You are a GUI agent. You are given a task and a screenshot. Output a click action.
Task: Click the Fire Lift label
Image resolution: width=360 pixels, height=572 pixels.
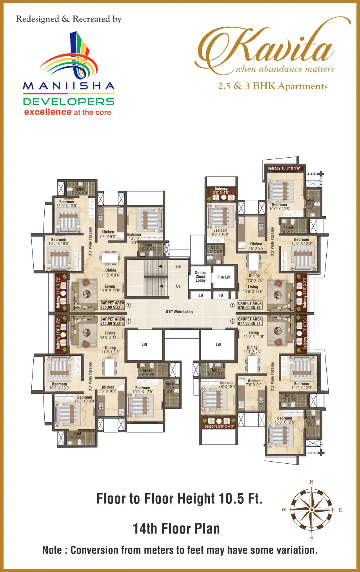point(224,277)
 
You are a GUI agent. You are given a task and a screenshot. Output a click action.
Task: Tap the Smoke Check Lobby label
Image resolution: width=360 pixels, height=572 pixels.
point(200,277)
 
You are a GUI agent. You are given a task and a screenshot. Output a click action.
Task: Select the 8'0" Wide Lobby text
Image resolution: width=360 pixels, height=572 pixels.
point(180,312)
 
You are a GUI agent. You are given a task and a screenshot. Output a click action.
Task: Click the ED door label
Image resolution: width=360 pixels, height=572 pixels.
point(201,295)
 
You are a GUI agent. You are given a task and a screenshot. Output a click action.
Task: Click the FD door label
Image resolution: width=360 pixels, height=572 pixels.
point(221,295)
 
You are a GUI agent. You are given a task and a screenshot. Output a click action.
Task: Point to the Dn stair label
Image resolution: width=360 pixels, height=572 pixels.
point(178,266)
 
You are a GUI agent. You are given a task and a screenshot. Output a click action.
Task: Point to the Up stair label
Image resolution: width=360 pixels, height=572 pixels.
point(178,286)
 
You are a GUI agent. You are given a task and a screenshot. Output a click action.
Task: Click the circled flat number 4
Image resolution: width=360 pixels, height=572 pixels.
point(128,306)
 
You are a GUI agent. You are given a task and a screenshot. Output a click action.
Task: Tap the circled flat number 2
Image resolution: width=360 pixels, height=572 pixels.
point(233,321)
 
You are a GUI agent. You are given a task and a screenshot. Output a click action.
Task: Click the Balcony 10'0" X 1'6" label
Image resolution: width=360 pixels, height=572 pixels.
point(284,168)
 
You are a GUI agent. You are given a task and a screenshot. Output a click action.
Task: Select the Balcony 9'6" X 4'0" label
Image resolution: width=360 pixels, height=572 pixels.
point(219,426)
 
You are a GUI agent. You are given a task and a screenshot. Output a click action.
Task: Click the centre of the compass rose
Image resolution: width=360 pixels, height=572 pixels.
point(312,510)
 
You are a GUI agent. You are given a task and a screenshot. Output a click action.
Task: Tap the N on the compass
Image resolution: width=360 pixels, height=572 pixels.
point(312,482)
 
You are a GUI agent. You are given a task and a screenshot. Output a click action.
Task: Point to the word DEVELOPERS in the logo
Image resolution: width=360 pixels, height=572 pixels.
point(69,102)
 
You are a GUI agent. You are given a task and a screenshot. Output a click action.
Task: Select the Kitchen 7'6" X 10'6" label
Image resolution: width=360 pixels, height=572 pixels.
point(108,389)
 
